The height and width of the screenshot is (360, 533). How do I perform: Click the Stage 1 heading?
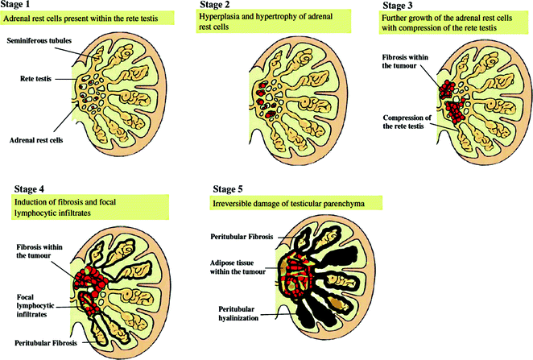click(18, 5)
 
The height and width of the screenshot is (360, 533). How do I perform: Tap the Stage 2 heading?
click(214, 5)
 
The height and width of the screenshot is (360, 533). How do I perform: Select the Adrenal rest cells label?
click(37, 139)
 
